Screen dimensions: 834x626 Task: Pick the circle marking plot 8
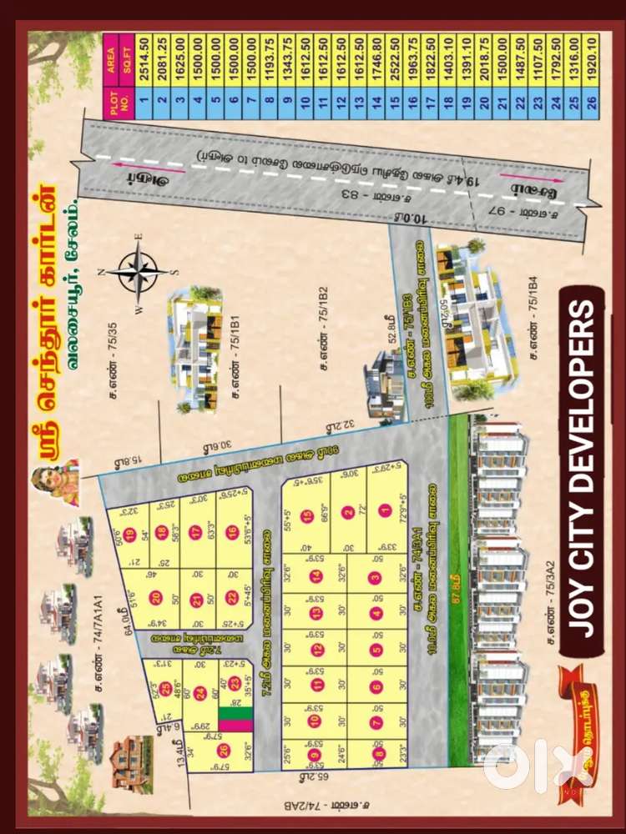[380, 755]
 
